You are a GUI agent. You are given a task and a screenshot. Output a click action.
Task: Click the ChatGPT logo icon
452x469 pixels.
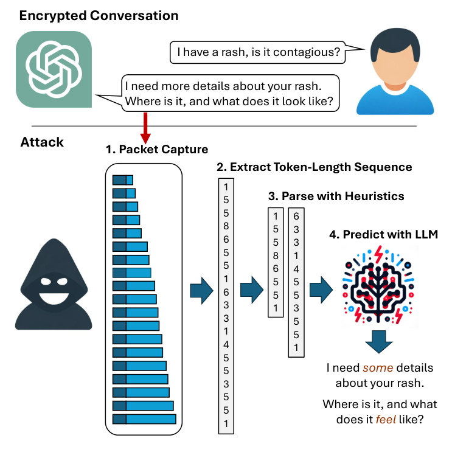(x=54, y=69)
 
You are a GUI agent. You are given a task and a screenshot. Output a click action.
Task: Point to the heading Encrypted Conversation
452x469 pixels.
(x=99, y=15)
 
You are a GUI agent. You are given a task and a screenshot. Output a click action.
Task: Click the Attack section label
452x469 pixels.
(x=42, y=142)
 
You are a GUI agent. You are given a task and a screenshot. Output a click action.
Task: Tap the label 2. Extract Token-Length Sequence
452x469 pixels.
(x=314, y=167)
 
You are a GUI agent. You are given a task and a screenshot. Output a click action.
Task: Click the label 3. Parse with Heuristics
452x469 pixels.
(x=335, y=196)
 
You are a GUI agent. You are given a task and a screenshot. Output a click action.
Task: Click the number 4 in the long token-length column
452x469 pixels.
(x=226, y=345)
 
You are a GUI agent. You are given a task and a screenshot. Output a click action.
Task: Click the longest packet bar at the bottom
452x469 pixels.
(x=144, y=419)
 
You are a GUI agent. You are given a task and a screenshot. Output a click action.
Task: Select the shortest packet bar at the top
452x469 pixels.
(x=123, y=179)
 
